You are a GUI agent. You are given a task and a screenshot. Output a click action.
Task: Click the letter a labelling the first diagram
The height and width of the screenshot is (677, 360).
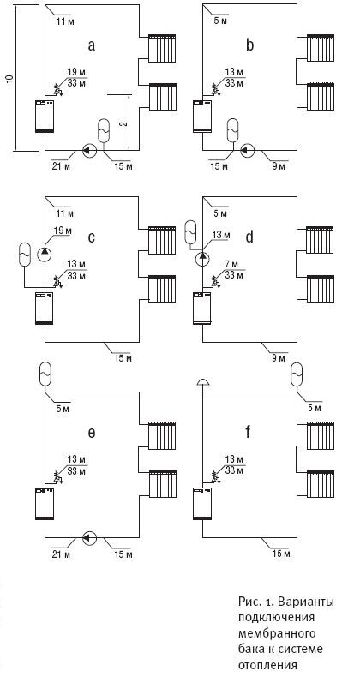point(91,45)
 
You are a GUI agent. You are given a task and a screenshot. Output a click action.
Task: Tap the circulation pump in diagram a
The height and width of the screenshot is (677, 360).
point(90,150)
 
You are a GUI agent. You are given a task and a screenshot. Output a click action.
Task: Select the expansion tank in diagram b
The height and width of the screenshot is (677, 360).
point(233,130)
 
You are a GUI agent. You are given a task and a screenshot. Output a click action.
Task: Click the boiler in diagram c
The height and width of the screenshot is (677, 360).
point(45,308)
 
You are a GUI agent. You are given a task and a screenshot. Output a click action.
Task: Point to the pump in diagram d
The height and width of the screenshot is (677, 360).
point(202,260)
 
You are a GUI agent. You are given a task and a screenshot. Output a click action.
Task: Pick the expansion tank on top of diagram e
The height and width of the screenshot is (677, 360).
point(45,374)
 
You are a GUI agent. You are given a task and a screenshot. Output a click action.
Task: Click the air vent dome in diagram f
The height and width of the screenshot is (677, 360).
point(202,381)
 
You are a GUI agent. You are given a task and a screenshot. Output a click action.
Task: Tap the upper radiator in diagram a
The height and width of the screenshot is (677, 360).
point(162,48)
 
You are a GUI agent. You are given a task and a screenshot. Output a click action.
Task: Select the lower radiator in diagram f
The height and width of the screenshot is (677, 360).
point(321,485)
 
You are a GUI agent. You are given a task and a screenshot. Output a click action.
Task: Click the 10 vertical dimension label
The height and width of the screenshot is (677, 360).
point(11,79)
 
